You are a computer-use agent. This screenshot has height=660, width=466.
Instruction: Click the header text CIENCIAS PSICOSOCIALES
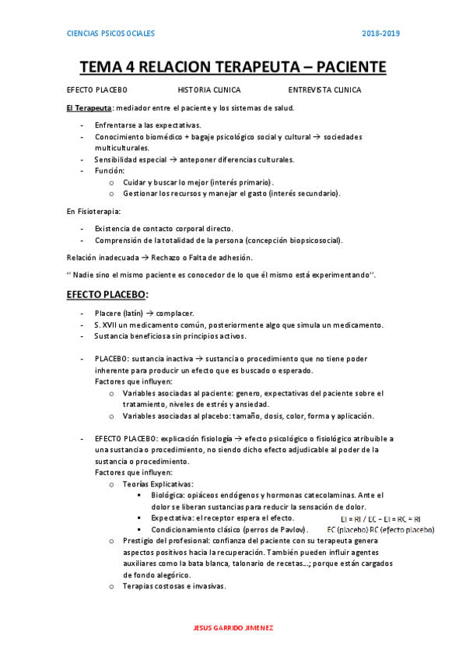pyautogui.click(x=110, y=33)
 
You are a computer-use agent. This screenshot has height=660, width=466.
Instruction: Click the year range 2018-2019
pyautogui.click(x=380, y=33)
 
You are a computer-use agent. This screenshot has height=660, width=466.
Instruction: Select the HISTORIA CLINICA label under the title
pyautogui.click(x=209, y=90)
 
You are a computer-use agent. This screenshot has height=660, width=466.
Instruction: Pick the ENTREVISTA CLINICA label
pyautogui.click(x=324, y=90)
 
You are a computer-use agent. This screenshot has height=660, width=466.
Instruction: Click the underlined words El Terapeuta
pyautogui.click(x=89, y=107)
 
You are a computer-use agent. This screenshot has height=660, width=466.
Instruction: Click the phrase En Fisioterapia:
pyautogui.click(x=93, y=211)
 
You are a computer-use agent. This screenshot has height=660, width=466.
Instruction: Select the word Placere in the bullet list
pyautogui.click(x=109, y=313)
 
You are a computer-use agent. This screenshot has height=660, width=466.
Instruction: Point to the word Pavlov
pyautogui.click(x=283, y=529)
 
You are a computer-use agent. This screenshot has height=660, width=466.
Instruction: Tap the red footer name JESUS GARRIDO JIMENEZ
pyautogui.click(x=233, y=628)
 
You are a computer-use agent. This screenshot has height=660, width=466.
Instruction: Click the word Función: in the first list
pyautogui.click(x=110, y=170)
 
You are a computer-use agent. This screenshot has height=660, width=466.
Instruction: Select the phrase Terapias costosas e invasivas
pyautogui.click(x=173, y=586)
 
